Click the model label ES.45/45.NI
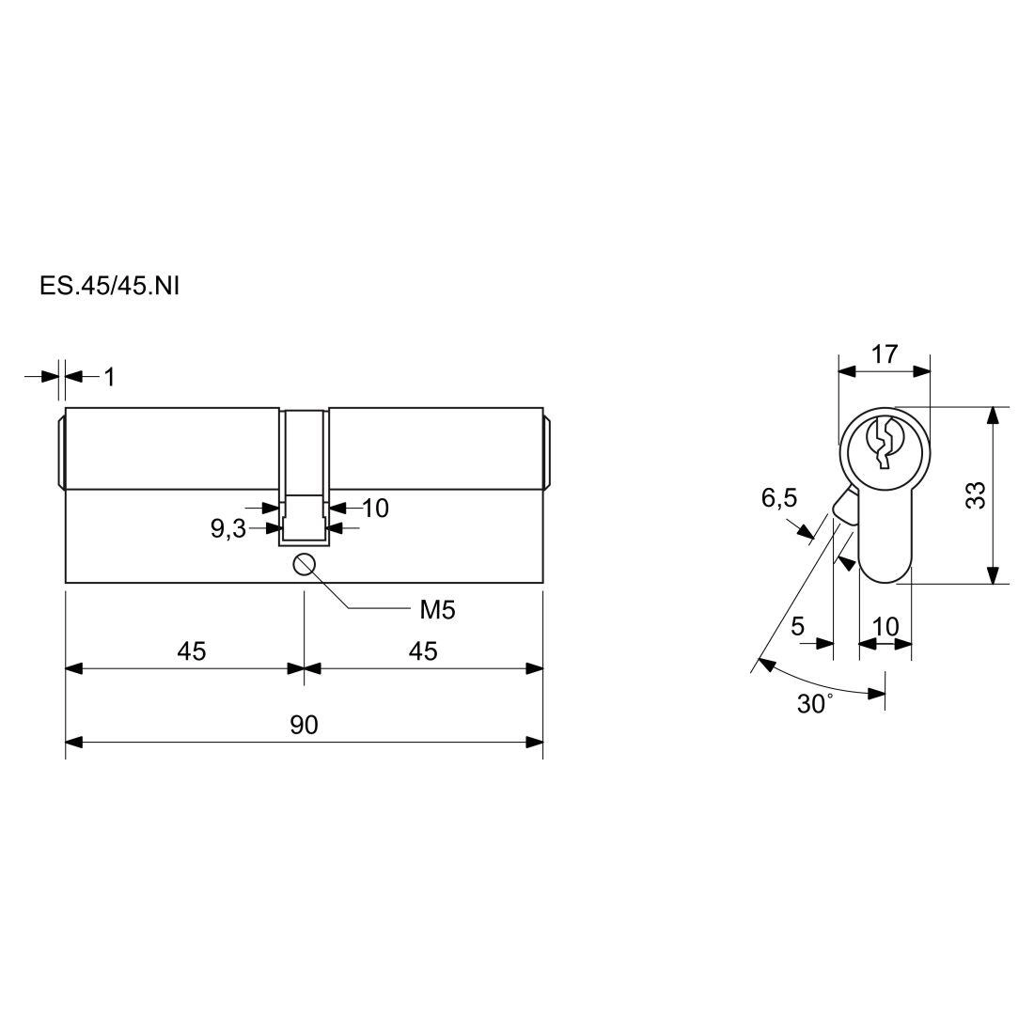[109, 287]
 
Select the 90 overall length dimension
[304, 725]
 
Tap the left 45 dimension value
[191, 651]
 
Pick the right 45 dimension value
[423, 651]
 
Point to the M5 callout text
[437, 611]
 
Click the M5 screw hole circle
[304, 565]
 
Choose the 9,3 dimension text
[228, 528]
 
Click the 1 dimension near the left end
[109, 377]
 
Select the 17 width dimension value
[885, 354]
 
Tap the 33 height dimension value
[976, 495]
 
